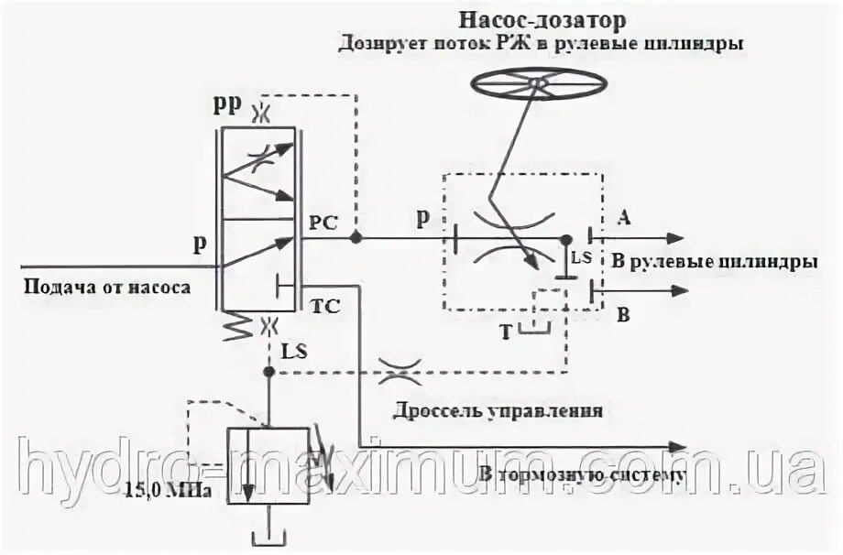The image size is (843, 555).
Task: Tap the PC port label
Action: click(323, 221)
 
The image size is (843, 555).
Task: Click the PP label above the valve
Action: click(226, 104)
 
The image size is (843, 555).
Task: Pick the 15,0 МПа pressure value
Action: click(175, 491)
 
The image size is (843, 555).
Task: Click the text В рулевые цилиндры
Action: click(714, 262)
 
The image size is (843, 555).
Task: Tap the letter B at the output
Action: click(623, 317)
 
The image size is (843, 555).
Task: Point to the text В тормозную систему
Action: click(581, 474)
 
